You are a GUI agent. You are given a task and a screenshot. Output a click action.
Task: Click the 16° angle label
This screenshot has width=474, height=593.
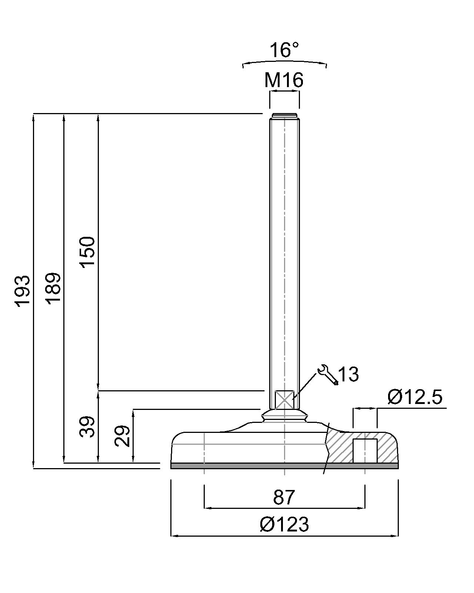tap(284, 50)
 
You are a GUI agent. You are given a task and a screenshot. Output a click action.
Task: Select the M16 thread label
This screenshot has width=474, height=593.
tap(284, 80)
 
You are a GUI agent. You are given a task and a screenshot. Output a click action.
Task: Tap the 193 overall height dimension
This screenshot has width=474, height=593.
tap(22, 291)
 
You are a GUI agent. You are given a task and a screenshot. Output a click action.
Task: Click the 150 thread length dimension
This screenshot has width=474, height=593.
tap(88, 252)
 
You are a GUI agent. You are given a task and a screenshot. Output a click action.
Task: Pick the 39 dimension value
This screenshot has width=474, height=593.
tap(88, 427)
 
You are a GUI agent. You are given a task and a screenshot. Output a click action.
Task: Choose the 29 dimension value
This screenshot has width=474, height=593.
tap(122, 436)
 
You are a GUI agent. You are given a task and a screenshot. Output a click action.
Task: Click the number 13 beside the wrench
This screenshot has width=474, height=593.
tap(348, 374)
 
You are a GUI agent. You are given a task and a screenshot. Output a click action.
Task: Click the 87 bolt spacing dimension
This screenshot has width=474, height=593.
tap(284, 498)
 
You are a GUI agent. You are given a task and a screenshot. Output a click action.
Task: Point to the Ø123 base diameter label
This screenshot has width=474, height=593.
tap(284, 525)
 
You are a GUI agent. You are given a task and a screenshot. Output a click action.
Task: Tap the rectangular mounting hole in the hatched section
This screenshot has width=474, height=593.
tap(365, 451)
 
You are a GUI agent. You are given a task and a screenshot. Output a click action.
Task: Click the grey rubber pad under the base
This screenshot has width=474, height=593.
tap(284, 466)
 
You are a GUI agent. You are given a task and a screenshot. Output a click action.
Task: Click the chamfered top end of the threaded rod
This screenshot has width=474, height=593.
tap(284, 115)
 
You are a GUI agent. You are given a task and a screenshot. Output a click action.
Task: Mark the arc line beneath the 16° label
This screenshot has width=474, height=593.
tap(284, 61)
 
